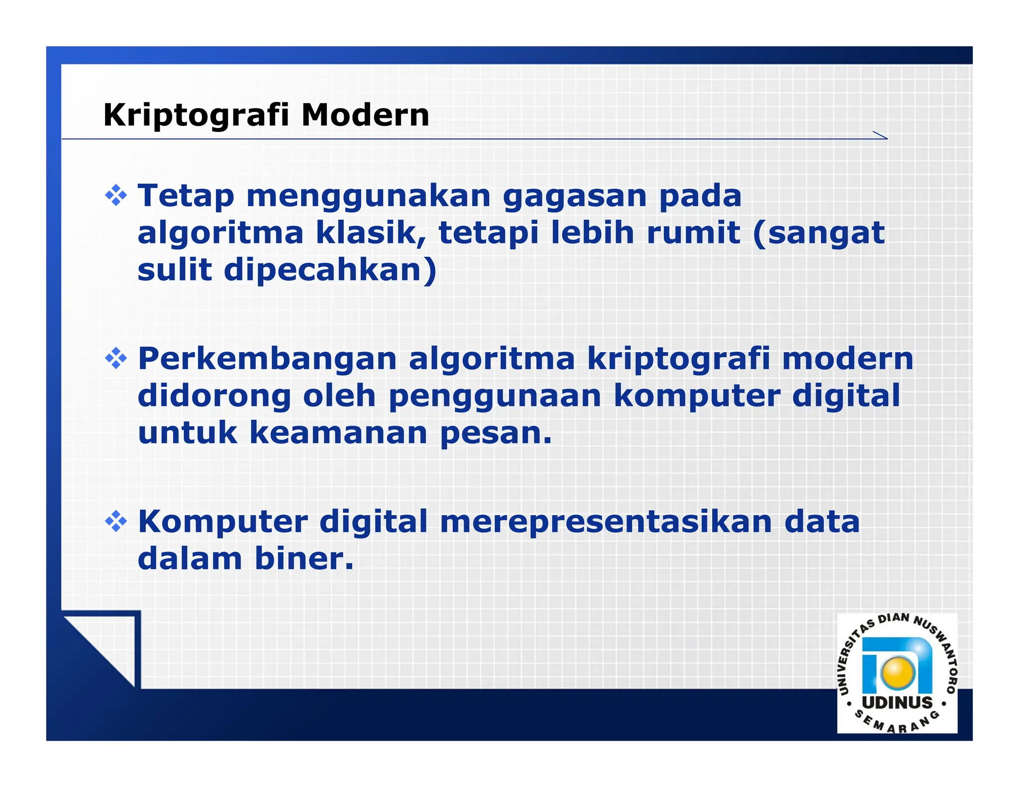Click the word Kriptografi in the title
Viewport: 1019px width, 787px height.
pyautogui.click(x=196, y=115)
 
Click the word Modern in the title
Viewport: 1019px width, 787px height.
pyautogui.click(x=365, y=115)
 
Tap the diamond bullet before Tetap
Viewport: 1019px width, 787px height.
pyautogui.click(x=116, y=196)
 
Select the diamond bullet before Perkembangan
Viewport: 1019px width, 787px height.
pyautogui.click(x=116, y=359)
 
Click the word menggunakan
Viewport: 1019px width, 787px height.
pyautogui.click(x=369, y=197)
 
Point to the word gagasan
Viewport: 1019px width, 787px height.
pyautogui.click(x=574, y=197)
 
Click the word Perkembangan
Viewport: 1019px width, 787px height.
pyautogui.click(x=267, y=359)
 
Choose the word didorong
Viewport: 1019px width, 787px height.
pyautogui.click(x=214, y=396)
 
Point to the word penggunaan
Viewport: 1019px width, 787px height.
pyautogui.click(x=495, y=397)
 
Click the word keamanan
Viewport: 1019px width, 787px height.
pyautogui.click(x=338, y=433)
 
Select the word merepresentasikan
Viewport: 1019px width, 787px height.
pyautogui.click(x=606, y=522)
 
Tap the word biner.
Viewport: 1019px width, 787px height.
pyautogui.click(x=304, y=559)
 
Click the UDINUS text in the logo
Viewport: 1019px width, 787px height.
pyautogui.click(x=897, y=702)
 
